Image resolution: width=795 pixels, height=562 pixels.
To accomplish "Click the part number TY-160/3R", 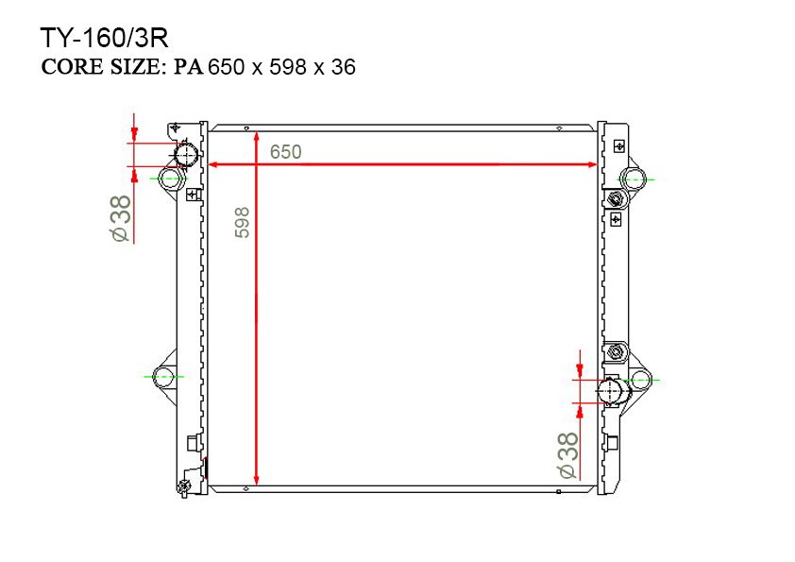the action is click(x=104, y=38).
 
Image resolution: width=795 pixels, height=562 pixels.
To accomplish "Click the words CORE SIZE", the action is click(x=101, y=67).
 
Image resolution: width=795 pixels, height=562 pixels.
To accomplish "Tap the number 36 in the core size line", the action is click(x=344, y=67).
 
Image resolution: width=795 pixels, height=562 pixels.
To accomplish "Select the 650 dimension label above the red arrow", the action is click(x=285, y=152).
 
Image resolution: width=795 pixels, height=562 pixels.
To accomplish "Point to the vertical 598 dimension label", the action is click(x=243, y=222).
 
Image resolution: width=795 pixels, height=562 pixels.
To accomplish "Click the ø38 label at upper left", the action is click(x=120, y=218).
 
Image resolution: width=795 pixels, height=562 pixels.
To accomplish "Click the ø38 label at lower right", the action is click(x=567, y=455).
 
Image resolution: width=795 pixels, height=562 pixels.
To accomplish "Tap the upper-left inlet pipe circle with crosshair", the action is click(x=187, y=153).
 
